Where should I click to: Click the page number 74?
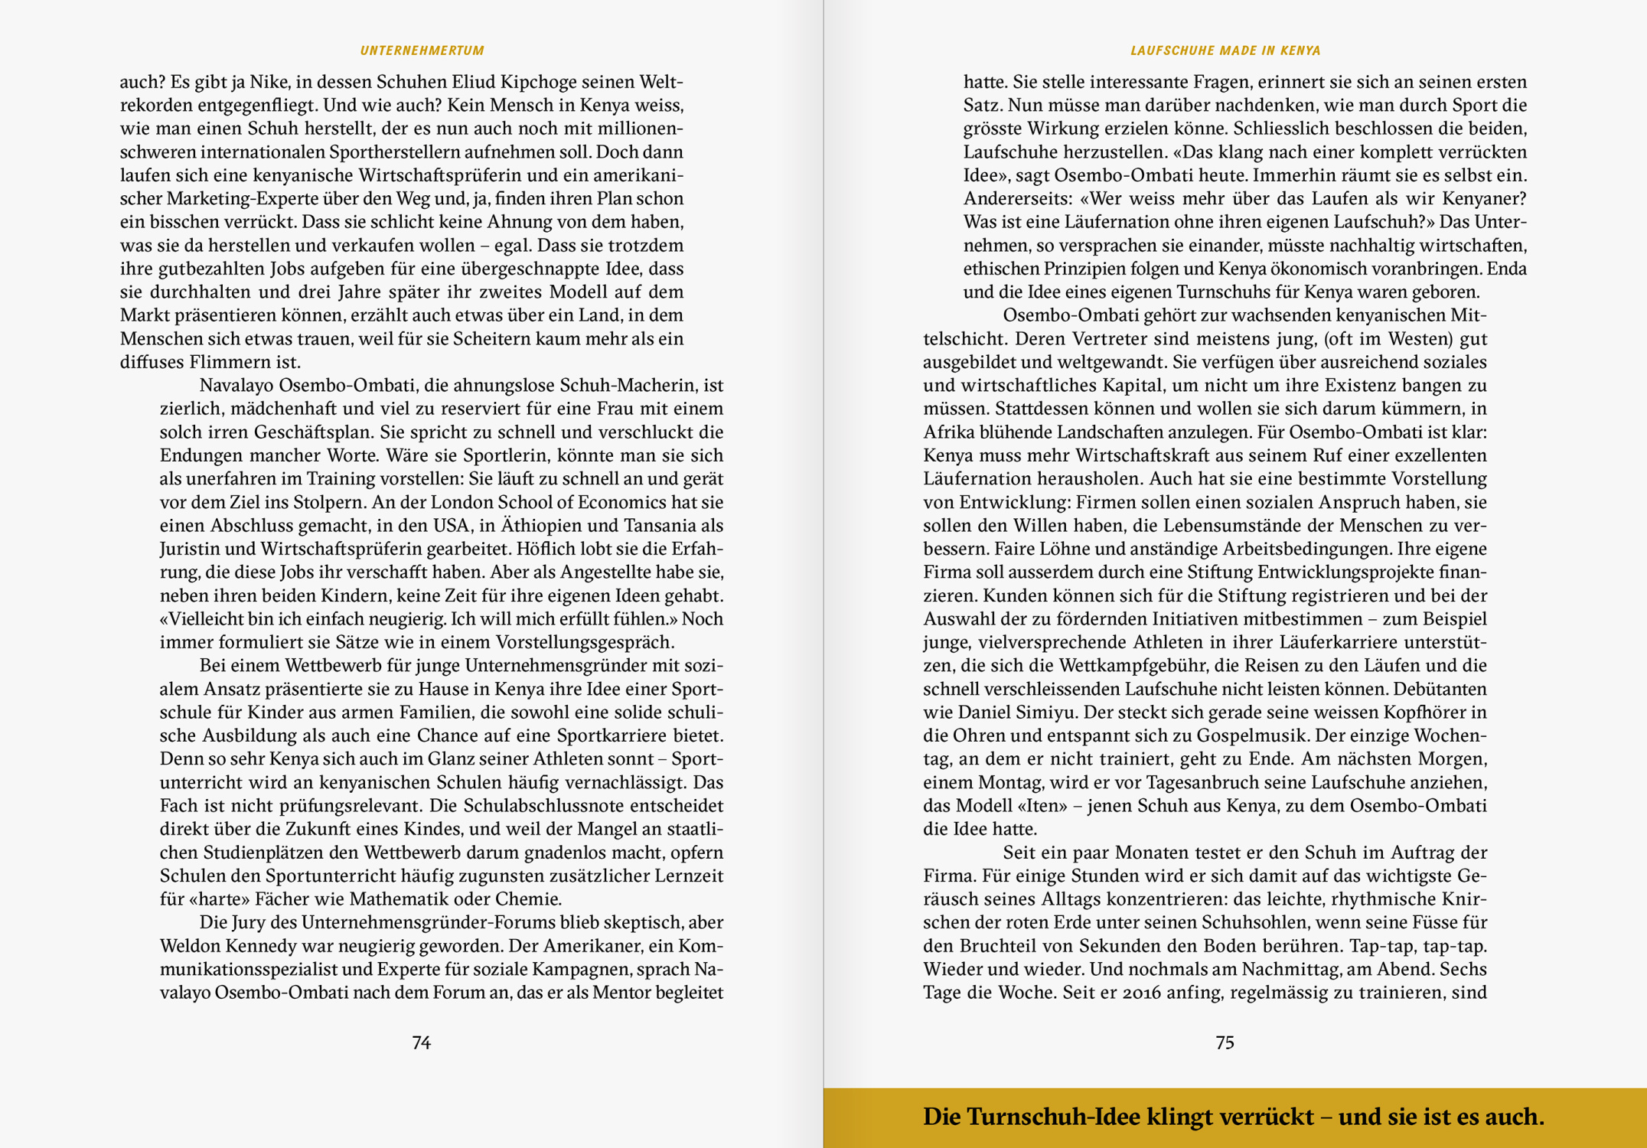(421, 1042)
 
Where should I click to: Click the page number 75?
(1225, 1042)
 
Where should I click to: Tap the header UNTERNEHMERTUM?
(422, 51)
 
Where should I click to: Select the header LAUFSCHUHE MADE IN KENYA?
(1225, 51)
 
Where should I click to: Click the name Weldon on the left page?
(191, 946)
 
